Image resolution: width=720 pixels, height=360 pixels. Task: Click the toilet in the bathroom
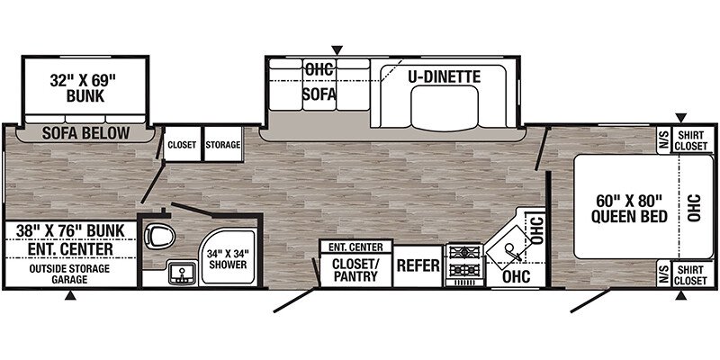click(x=159, y=236)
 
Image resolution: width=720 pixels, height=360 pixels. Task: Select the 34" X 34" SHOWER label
click(x=227, y=259)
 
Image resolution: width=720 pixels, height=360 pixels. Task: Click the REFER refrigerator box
click(x=418, y=265)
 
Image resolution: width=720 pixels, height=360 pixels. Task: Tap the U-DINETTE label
click(x=445, y=76)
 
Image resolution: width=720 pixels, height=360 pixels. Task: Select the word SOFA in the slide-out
click(x=319, y=94)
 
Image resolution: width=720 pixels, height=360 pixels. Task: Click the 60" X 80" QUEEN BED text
click(x=628, y=209)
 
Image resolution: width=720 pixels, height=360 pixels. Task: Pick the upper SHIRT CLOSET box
click(x=693, y=139)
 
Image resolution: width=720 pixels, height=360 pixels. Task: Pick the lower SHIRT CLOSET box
click(x=693, y=274)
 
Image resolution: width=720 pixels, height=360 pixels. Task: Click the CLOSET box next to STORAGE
click(x=182, y=144)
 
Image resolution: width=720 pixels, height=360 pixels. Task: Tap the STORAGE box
click(x=223, y=144)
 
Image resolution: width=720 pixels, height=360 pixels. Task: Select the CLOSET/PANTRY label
click(x=355, y=270)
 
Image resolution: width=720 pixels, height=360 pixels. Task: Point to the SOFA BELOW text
click(x=85, y=133)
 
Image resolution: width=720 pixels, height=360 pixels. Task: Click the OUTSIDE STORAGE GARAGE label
click(x=70, y=274)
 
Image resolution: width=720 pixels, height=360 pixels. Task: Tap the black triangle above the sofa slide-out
click(x=337, y=49)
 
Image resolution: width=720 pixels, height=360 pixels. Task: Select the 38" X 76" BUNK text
click(x=70, y=230)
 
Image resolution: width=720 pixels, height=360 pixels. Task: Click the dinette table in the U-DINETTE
click(x=445, y=107)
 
